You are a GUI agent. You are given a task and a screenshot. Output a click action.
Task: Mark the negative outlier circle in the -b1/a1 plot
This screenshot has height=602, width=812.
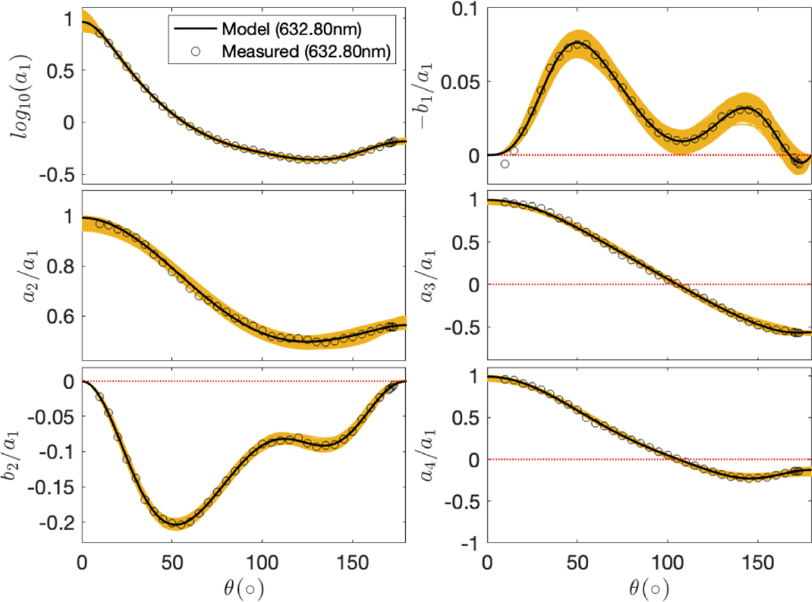505,164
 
